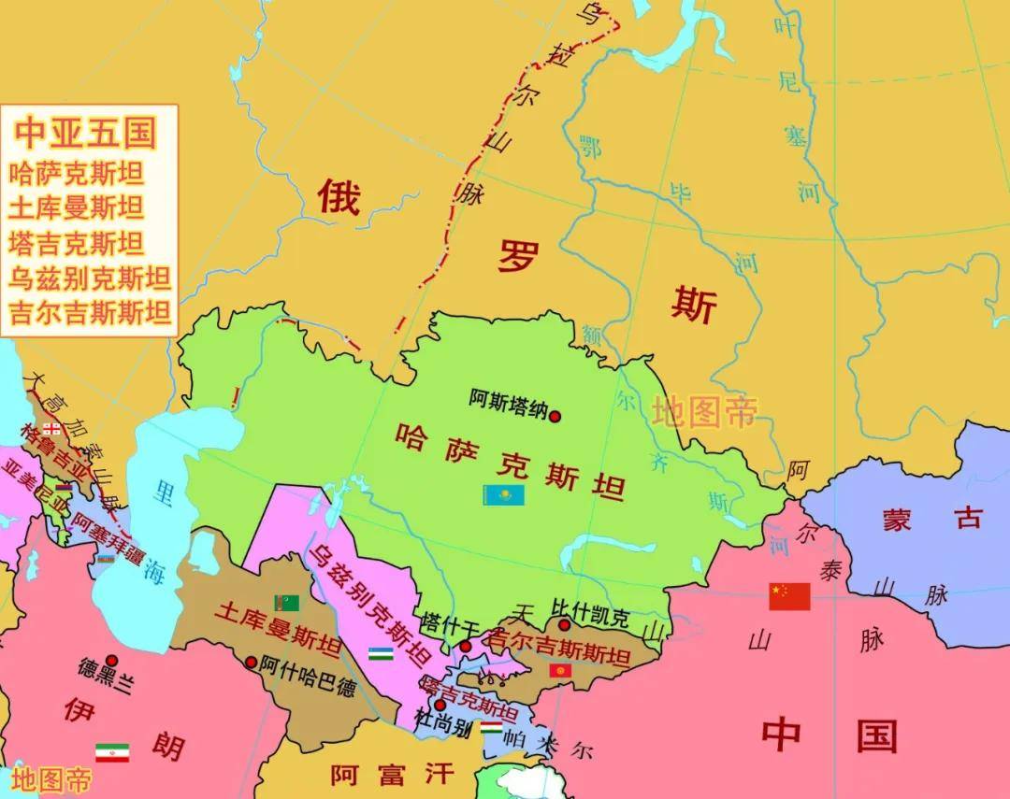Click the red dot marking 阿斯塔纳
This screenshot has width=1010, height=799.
[555, 417]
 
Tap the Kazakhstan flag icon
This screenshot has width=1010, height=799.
[503, 495]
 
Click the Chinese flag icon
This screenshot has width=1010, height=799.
[789, 596]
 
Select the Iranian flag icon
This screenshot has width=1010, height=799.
[112, 752]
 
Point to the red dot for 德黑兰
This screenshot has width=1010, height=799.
[111, 660]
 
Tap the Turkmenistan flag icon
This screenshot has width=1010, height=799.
[286, 603]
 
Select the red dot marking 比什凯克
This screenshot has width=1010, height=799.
[564, 625]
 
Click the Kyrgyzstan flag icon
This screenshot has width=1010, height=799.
[560, 671]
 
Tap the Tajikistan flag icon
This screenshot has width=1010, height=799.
[491, 727]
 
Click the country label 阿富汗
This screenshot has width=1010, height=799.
[392, 774]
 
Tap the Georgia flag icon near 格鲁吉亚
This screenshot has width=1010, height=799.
[52, 429]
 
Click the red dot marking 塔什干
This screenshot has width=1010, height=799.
[465, 647]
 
